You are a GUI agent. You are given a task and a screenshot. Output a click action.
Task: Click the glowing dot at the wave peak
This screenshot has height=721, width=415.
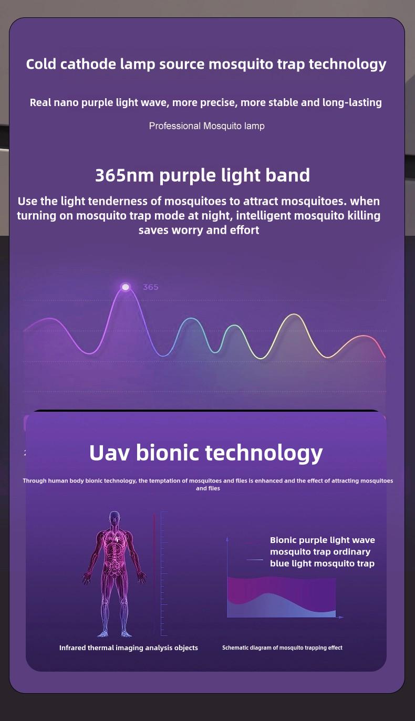126,287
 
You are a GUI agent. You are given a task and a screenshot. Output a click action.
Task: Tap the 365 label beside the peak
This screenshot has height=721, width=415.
150,287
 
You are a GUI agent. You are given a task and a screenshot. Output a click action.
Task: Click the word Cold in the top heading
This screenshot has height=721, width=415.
41,64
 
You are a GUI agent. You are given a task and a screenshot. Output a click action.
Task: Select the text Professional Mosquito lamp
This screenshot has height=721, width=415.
206,126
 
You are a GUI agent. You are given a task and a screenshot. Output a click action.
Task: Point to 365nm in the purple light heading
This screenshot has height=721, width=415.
125,175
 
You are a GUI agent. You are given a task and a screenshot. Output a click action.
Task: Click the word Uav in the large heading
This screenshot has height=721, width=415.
109,453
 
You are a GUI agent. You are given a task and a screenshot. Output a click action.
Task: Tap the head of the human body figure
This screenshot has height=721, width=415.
114,518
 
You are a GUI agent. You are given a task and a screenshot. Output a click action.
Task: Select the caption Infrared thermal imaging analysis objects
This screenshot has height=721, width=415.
129,647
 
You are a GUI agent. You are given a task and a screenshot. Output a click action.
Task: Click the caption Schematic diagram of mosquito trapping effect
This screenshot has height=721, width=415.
282,647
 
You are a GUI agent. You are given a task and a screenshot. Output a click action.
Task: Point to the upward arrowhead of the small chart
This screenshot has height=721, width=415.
227,539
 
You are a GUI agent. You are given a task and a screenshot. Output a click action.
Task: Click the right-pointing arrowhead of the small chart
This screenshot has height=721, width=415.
341,617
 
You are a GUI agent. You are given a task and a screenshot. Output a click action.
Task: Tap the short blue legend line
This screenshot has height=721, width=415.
255,560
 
